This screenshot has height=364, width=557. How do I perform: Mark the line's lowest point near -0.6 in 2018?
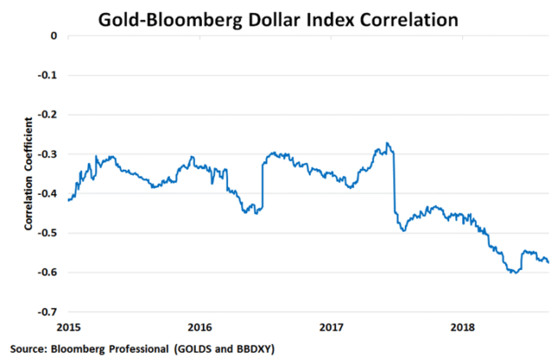click(513, 273)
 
